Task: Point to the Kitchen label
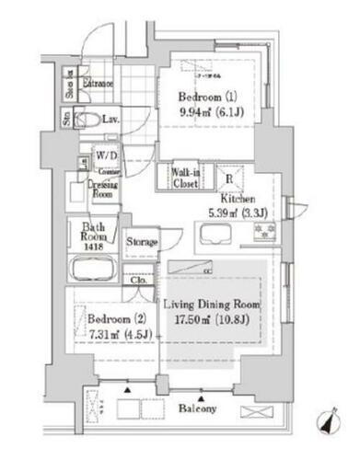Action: point(236,199)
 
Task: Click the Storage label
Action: point(142,242)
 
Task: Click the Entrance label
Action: point(96,84)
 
